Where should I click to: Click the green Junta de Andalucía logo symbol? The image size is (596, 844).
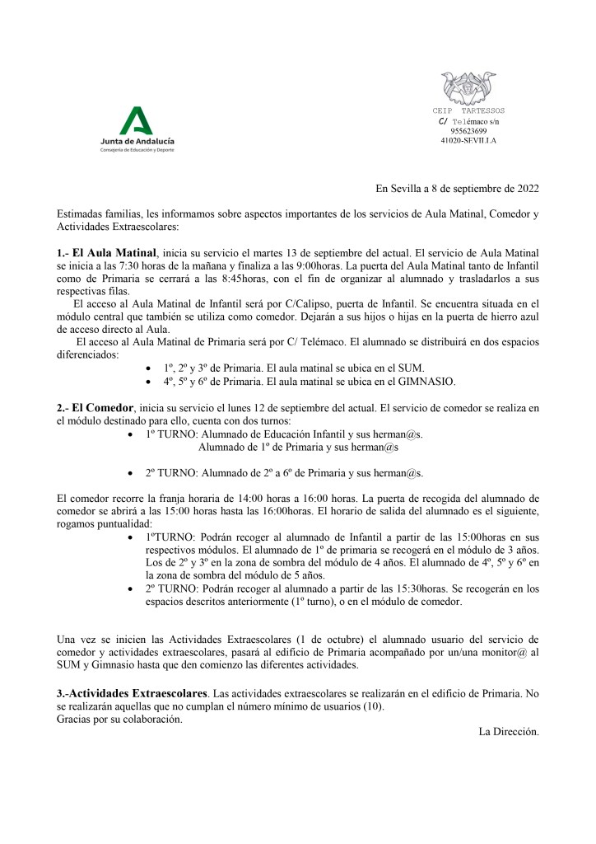click(137, 121)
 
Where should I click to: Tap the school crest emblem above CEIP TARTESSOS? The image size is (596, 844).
click(468, 88)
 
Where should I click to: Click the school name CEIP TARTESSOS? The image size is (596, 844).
click(468, 110)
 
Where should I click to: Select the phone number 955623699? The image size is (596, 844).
click(468, 130)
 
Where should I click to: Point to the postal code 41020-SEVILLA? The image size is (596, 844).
click(468, 140)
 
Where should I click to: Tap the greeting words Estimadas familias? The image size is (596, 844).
click(97, 214)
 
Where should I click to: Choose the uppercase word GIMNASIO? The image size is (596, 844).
click(422, 382)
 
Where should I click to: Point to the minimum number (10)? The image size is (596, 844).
click(373, 706)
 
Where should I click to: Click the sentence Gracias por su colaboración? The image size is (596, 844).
click(120, 719)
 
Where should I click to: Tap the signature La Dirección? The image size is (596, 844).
click(509, 731)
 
